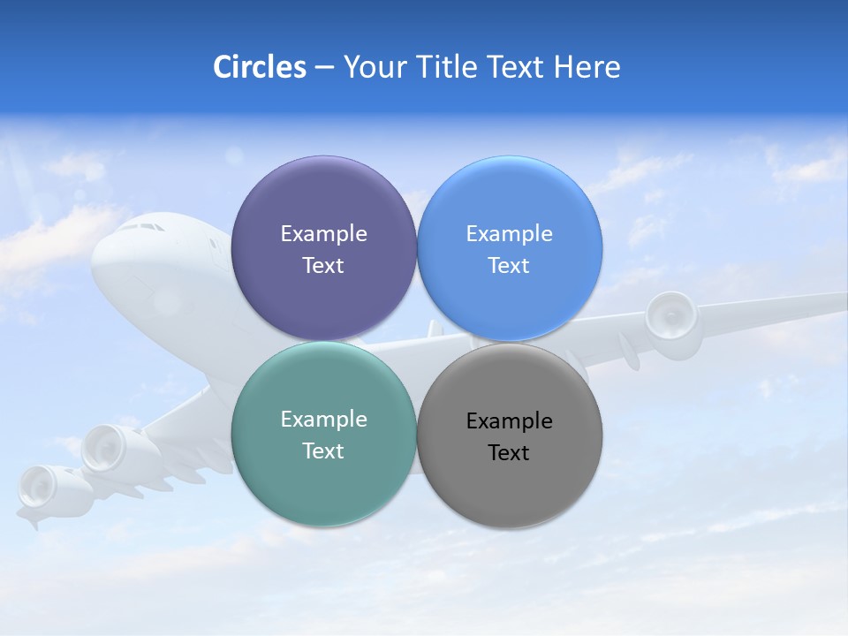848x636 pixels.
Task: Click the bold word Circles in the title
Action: click(x=260, y=67)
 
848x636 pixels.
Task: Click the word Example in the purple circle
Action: click(x=323, y=233)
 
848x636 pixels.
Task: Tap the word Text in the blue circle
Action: click(x=509, y=265)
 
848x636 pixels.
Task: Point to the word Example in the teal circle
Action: click(x=323, y=419)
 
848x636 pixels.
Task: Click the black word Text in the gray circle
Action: click(x=509, y=452)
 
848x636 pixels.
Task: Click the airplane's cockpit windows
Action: click(x=141, y=227)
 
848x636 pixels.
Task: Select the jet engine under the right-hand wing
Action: click(x=670, y=317)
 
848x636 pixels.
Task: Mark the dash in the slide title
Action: click(x=324, y=67)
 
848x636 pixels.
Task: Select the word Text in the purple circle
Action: click(x=323, y=265)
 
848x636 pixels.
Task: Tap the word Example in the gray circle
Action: click(x=509, y=420)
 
